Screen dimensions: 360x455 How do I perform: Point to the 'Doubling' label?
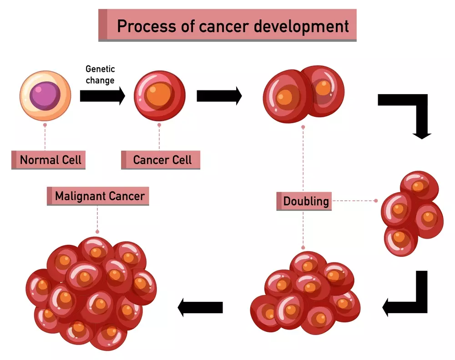(304, 201)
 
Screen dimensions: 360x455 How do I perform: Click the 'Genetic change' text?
(100, 75)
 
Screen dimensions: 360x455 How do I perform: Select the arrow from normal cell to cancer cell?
(102, 96)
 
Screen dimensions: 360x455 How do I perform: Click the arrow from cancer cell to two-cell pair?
(219, 96)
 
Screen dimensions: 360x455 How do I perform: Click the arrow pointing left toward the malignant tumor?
(200, 308)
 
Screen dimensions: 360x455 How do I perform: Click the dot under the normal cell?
(45, 124)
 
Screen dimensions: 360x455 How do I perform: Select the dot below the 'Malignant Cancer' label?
(97, 231)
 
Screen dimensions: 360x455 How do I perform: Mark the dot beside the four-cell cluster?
(376, 200)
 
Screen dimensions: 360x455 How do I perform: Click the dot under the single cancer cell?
(159, 124)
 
